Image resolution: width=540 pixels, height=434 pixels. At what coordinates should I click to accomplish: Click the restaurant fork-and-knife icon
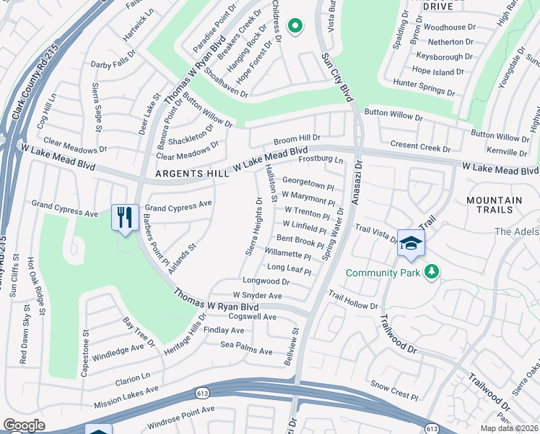124,217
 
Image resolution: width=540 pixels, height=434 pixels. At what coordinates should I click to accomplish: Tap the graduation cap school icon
410,244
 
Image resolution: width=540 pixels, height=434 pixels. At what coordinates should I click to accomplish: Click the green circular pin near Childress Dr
295,27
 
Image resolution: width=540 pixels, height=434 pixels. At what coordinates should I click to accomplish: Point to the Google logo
24,425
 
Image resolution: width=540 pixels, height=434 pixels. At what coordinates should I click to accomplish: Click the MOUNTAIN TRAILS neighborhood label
494,205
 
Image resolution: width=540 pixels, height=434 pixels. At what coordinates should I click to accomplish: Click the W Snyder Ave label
257,296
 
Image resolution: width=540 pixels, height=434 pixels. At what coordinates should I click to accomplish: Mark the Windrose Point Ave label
181,414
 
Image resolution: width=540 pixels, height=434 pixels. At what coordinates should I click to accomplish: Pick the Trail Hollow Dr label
353,300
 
